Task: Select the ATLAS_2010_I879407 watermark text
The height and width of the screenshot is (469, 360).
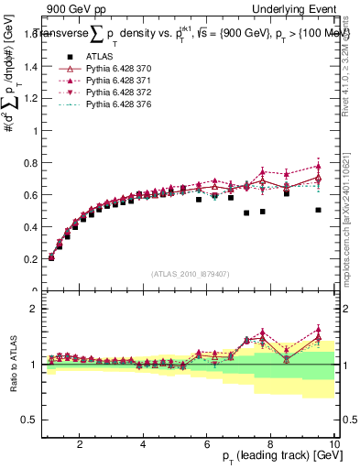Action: tap(190, 273)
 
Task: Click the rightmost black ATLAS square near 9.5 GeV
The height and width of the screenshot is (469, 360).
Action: tap(318, 210)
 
